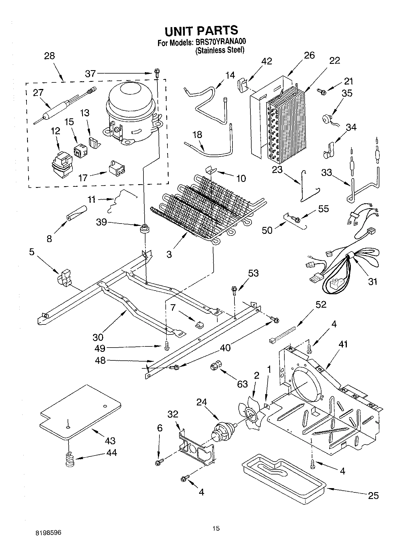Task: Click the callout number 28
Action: tap(49, 56)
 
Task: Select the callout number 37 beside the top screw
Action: tap(90, 74)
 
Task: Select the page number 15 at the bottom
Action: tap(216, 529)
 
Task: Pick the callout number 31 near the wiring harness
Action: tap(373, 282)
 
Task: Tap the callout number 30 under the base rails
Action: tap(98, 337)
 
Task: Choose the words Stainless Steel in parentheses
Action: tap(220, 50)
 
